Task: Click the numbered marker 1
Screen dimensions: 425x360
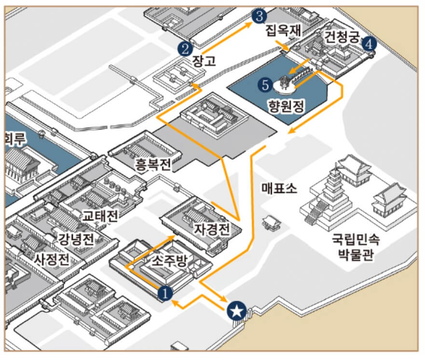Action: [165, 293]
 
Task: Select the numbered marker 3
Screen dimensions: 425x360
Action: [259, 16]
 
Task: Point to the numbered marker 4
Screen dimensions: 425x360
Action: [369, 44]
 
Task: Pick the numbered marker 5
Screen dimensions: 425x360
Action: [264, 85]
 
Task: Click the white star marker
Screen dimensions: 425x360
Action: [236, 311]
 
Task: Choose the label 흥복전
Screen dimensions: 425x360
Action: [153, 166]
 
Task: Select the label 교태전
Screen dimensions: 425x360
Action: [100, 215]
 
